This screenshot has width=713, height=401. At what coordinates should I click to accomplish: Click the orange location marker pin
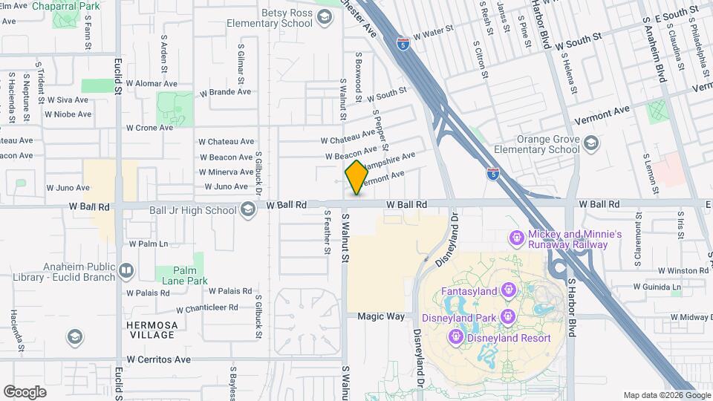[356, 177]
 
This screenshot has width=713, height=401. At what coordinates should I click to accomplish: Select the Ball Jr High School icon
[248, 210]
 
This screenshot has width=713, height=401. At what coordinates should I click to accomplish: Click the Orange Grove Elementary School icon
[591, 143]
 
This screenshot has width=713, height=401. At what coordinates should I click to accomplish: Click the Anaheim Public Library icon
[126, 270]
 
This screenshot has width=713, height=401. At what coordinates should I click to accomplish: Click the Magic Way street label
[381, 316]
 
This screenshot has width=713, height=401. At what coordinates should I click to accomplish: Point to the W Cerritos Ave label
[158, 359]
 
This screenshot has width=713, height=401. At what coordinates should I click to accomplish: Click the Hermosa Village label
[152, 330]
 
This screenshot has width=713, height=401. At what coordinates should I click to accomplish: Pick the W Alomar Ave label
[151, 85]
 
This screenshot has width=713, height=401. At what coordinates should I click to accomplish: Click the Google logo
[25, 391]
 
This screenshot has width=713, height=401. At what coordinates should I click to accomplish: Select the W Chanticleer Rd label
[207, 307]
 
